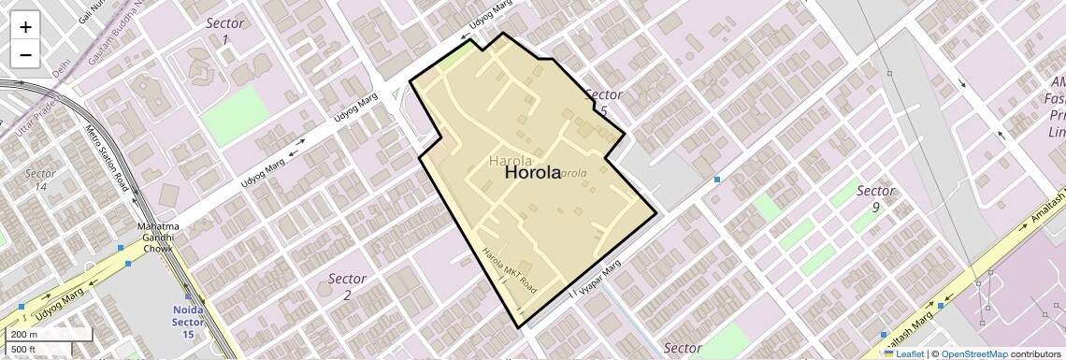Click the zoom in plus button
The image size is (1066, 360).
25,27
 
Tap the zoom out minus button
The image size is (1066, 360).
25,54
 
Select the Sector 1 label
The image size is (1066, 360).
224,31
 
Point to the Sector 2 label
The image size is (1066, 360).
347,286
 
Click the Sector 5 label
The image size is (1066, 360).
603,102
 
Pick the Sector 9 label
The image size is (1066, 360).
875,198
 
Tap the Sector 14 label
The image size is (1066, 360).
40,180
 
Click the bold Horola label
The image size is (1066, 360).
533,173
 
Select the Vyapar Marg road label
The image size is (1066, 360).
599,279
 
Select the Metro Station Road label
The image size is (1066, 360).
106,158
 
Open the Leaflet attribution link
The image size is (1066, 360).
909,353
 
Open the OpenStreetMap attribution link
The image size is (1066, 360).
974,353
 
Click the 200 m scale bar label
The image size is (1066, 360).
24,334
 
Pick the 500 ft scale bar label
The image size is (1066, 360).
24,350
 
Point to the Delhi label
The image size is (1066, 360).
62,71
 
